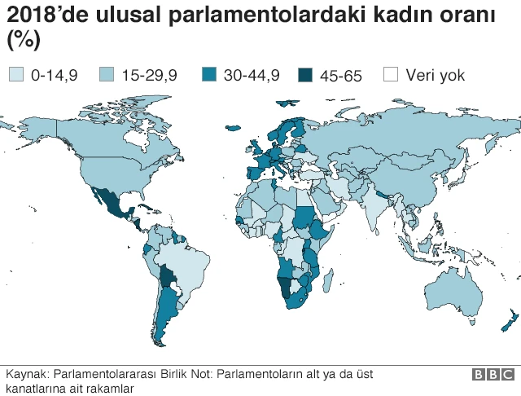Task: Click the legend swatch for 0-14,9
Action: pos(15,75)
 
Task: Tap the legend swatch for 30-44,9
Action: pos(208,75)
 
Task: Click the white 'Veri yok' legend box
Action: pos(391,75)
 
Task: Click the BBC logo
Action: pos(492,375)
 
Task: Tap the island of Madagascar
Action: pos(328,281)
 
